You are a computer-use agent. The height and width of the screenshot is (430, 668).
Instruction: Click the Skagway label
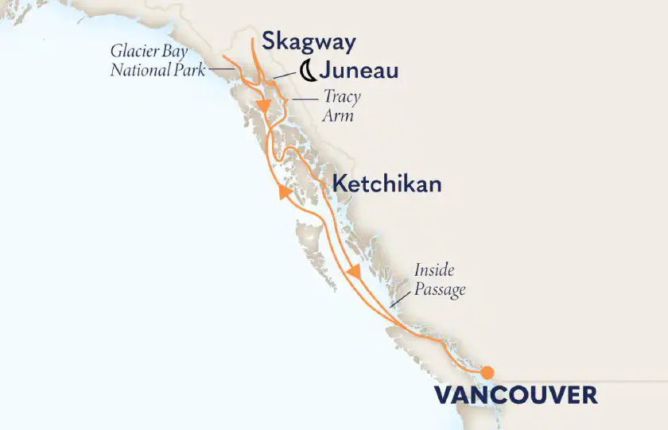pyautogui.click(x=309, y=42)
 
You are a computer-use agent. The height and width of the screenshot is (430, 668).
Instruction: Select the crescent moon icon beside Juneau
pyautogui.click(x=308, y=73)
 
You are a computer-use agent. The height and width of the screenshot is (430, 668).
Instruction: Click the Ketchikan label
pyautogui.click(x=386, y=184)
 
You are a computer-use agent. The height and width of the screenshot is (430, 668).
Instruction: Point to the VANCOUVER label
pyautogui.click(x=515, y=395)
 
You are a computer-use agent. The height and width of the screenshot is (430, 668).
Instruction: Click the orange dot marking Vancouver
pyautogui.click(x=487, y=371)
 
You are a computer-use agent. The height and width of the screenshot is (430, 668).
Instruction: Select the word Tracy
pyautogui.click(x=341, y=98)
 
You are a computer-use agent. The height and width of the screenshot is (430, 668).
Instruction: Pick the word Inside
pyautogui.click(x=433, y=272)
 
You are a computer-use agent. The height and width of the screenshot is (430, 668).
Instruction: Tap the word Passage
pyautogui.click(x=439, y=290)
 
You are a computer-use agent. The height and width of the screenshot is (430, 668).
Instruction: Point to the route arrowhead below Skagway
pyautogui.click(x=261, y=104)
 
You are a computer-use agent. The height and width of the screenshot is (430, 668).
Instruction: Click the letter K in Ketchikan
pyautogui.click(x=338, y=184)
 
